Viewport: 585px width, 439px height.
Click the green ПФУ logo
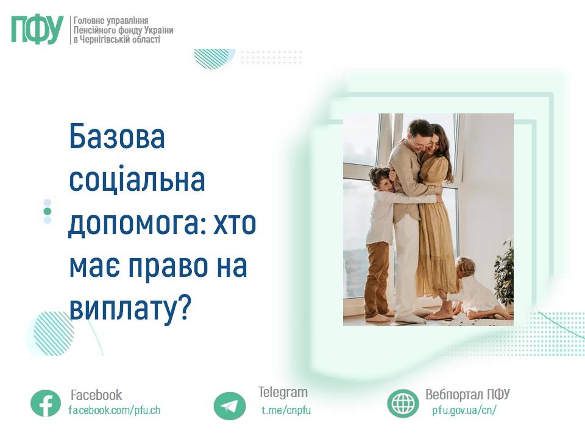(x=37, y=30)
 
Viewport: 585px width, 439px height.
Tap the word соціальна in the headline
(x=137, y=180)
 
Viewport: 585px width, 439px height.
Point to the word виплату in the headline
(x=122, y=309)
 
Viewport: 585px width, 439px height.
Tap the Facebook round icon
(x=46, y=403)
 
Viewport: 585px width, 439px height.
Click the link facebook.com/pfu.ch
(x=115, y=410)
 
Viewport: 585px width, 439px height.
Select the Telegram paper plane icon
(x=230, y=406)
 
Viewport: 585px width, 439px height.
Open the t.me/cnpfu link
(x=286, y=410)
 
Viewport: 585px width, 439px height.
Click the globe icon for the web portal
(x=403, y=403)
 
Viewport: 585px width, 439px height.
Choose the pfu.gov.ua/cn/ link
(x=464, y=410)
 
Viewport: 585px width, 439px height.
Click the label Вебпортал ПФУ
(x=467, y=394)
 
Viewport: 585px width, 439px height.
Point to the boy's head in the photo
(x=380, y=179)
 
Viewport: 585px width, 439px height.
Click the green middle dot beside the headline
(x=48, y=212)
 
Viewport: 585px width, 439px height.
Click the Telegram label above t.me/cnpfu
(x=283, y=392)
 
